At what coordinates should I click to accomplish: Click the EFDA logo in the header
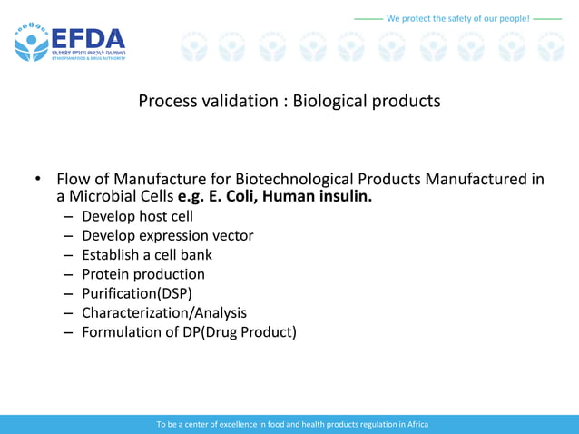(70, 42)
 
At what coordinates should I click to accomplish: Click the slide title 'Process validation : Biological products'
(289, 101)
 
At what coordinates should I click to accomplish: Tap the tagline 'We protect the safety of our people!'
(457, 18)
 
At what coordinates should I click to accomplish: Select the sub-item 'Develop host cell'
(137, 216)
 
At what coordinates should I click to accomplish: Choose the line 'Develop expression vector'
(167, 235)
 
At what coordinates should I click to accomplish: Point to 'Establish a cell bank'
(146, 254)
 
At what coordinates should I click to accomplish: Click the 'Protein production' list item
(142, 274)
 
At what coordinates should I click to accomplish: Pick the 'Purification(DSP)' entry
(136, 293)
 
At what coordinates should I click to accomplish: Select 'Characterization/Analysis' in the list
(163, 312)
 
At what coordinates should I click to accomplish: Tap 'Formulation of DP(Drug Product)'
(189, 332)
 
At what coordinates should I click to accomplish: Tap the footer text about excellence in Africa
(291, 424)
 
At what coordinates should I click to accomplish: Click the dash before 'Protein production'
(68, 274)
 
